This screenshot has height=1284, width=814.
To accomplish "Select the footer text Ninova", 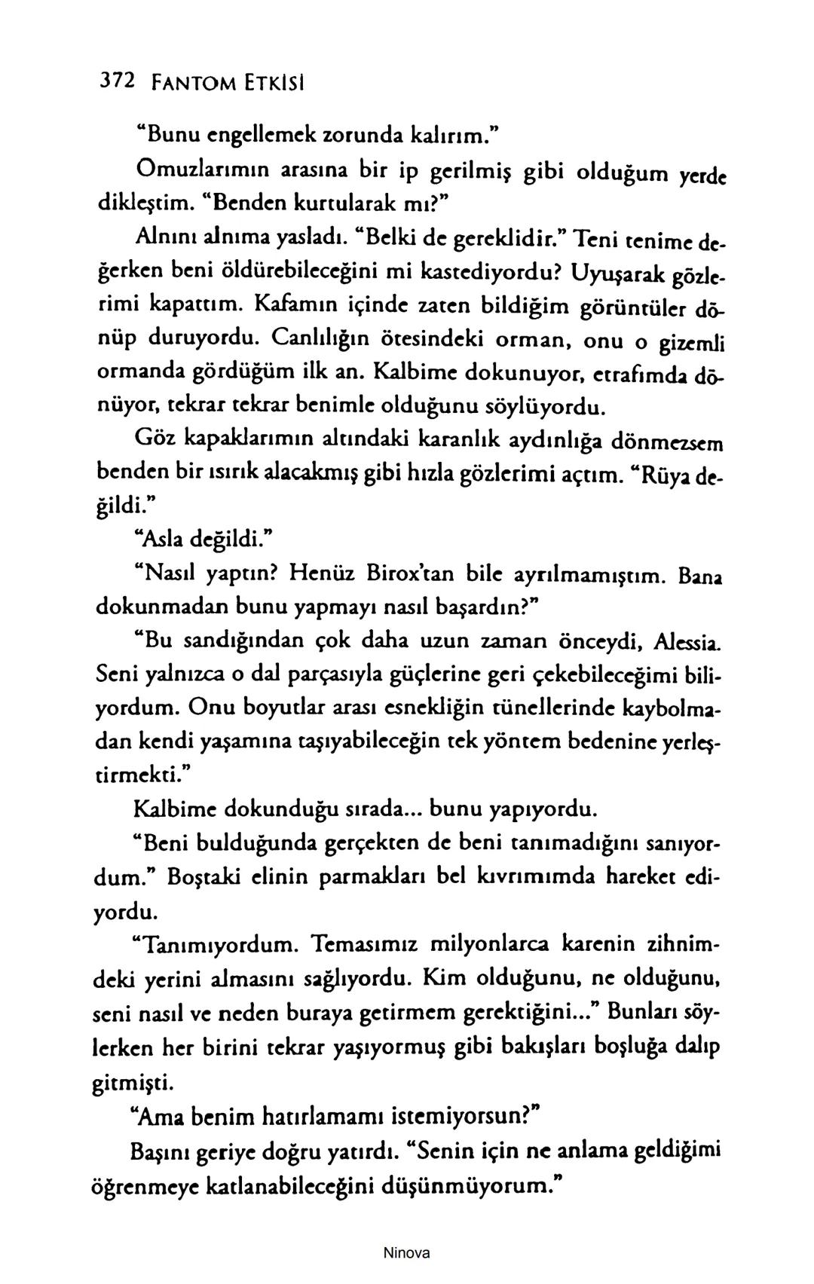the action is coord(406,1253).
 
